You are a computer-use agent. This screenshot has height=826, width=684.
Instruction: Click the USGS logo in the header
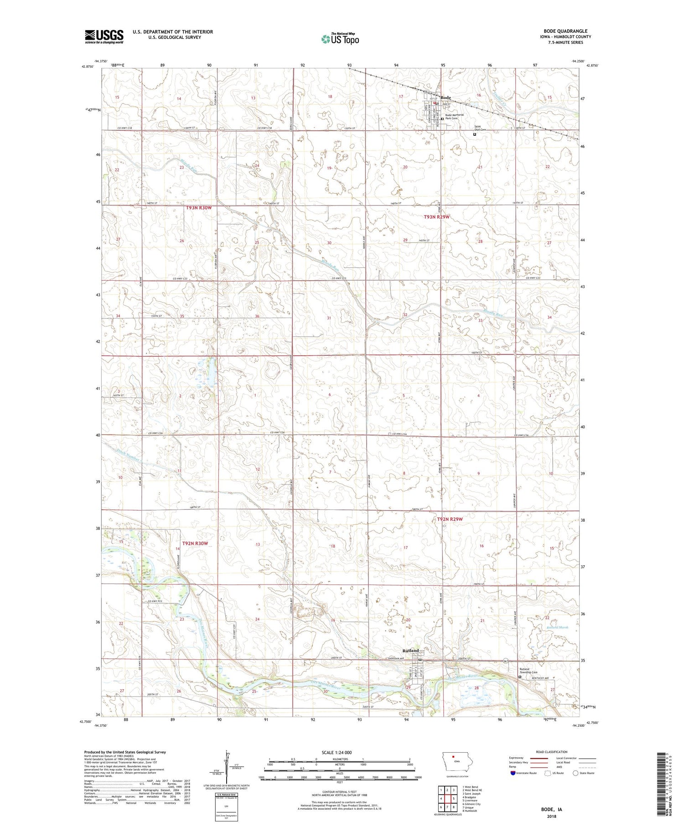(x=104, y=36)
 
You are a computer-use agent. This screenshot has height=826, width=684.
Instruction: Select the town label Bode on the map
(x=446, y=97)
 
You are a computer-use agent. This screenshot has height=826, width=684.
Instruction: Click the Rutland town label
(x=410, y=650)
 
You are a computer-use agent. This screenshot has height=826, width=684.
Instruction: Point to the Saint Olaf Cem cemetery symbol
(x=474, y=134)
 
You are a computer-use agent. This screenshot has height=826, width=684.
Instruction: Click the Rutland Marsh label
(x=557, y=627)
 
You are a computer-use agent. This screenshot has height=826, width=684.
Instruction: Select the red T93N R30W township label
(x=199, y=208)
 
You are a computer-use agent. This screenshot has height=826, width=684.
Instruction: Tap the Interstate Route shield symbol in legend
(x=513, y=773)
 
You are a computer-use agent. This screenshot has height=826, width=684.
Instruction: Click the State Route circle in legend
(x=575, y=773)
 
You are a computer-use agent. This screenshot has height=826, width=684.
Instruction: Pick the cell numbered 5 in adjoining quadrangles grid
(x=454, y=798)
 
